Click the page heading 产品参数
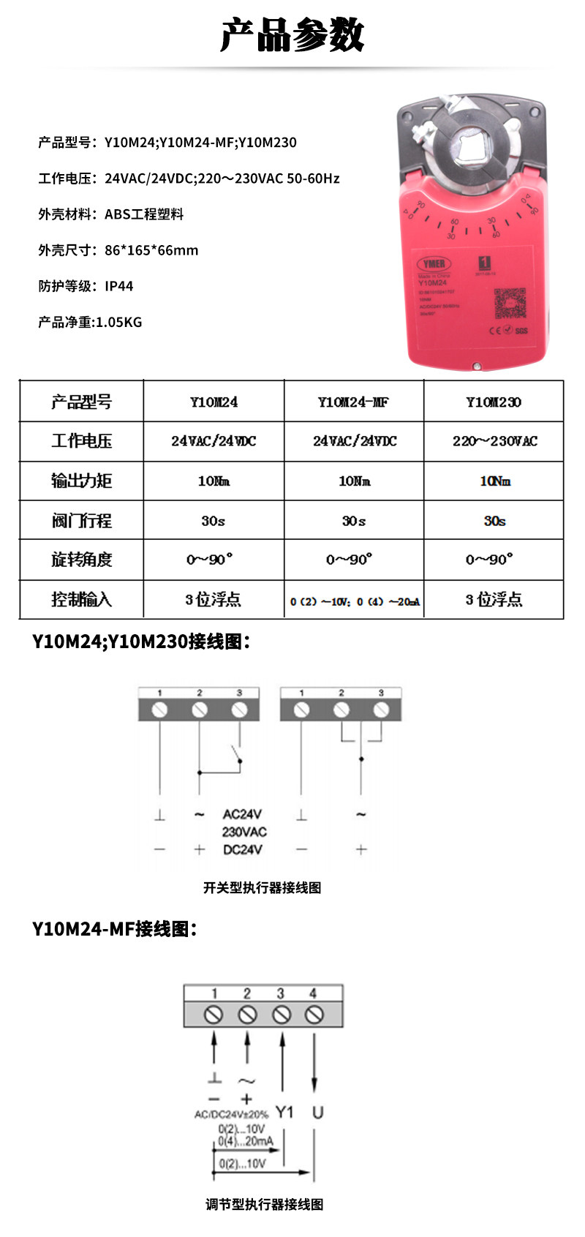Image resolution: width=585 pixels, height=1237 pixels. (292, 35)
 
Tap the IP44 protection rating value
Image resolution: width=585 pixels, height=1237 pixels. (119, 286)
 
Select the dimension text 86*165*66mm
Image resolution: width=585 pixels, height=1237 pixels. (151, 250)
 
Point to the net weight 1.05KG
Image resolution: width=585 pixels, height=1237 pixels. (118, 322)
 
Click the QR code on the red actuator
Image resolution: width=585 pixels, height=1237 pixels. (510, 303)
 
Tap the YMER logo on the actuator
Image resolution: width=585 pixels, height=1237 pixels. (434, 263)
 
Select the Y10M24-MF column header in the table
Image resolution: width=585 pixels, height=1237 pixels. (353, 402)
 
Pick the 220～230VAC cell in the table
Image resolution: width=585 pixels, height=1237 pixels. (494, 441)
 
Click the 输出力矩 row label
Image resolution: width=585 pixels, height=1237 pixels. (81, 481)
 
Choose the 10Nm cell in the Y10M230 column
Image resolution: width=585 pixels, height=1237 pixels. (494, 481)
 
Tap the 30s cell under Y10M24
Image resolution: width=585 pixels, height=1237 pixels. (214, 521)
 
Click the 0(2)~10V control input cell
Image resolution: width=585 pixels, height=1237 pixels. (355, 601)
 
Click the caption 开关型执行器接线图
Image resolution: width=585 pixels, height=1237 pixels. (262, 888)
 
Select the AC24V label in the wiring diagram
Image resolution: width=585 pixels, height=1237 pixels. (242, 814)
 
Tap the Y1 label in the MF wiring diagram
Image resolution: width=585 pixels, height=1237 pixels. (284, 1112)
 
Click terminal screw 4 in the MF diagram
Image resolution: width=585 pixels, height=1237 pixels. (314, 1015)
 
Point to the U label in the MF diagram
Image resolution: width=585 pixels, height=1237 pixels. (317, 1112)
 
